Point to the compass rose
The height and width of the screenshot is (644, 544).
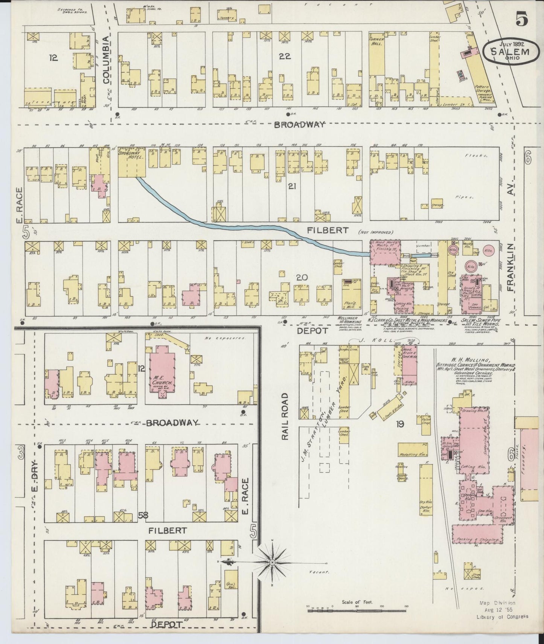point(272,563)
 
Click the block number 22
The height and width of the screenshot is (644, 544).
point(285,56)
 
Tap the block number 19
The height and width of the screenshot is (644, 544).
point(400,424)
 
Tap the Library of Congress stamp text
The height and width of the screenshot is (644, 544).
point(502,616)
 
